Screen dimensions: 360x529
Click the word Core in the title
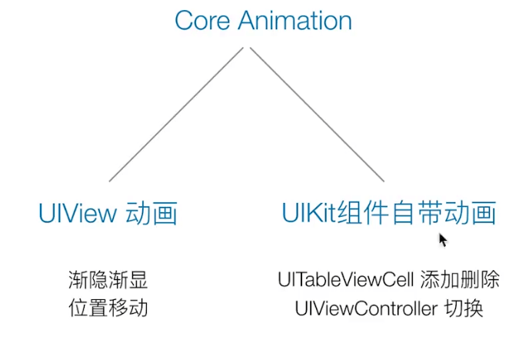coord(202,21)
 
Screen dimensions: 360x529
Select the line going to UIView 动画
coord(177,115)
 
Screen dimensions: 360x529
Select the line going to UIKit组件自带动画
coord(315,115)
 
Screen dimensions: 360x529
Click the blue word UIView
coord(76,212)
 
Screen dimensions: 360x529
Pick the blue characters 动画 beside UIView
coord(151,212)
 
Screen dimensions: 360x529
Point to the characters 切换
coord(464,308)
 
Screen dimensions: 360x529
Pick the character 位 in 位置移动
coord(77,308)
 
